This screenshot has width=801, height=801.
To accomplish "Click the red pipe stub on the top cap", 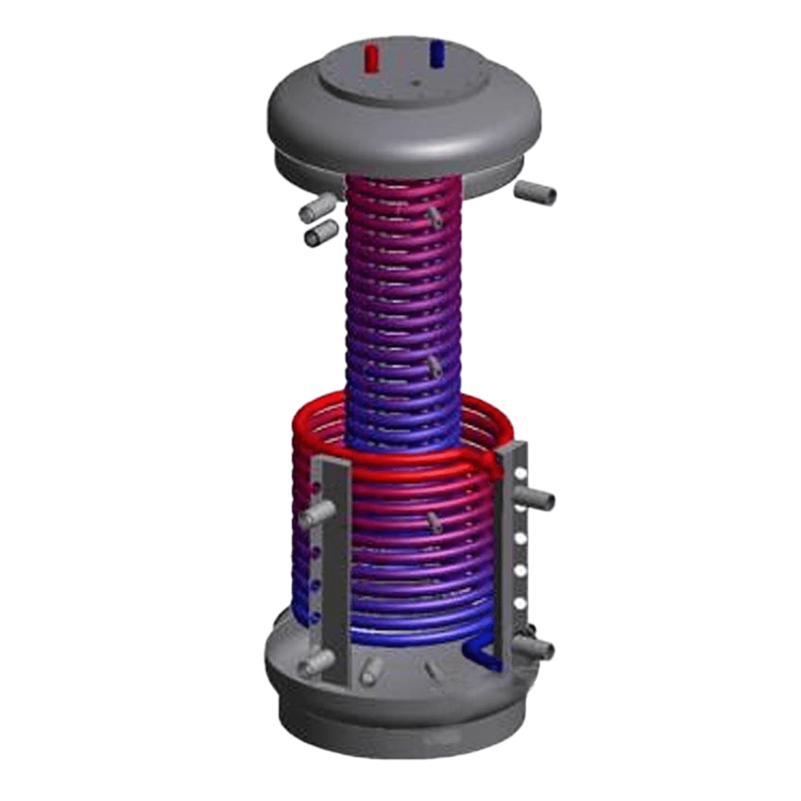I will pos(371,58).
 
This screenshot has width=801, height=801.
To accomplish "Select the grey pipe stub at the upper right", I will pos(537,193).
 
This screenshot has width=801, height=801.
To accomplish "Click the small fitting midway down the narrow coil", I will pos(435,364).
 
